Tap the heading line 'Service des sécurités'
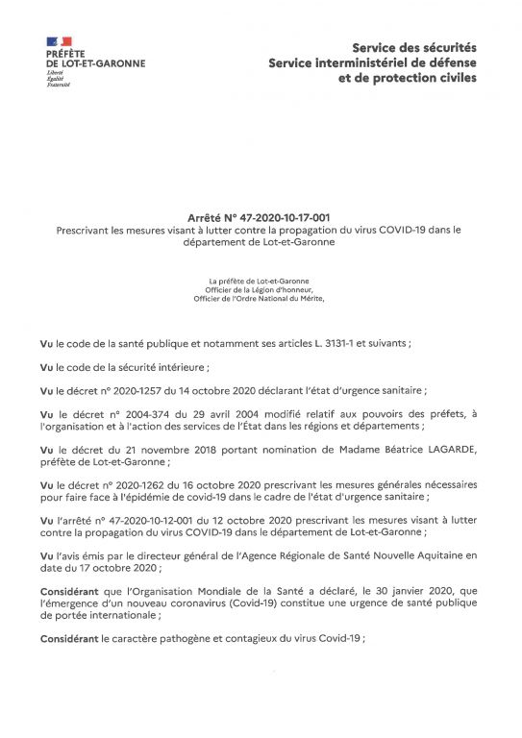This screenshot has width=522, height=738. (413, 46)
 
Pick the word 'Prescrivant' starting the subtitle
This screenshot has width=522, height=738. (83, 230)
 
